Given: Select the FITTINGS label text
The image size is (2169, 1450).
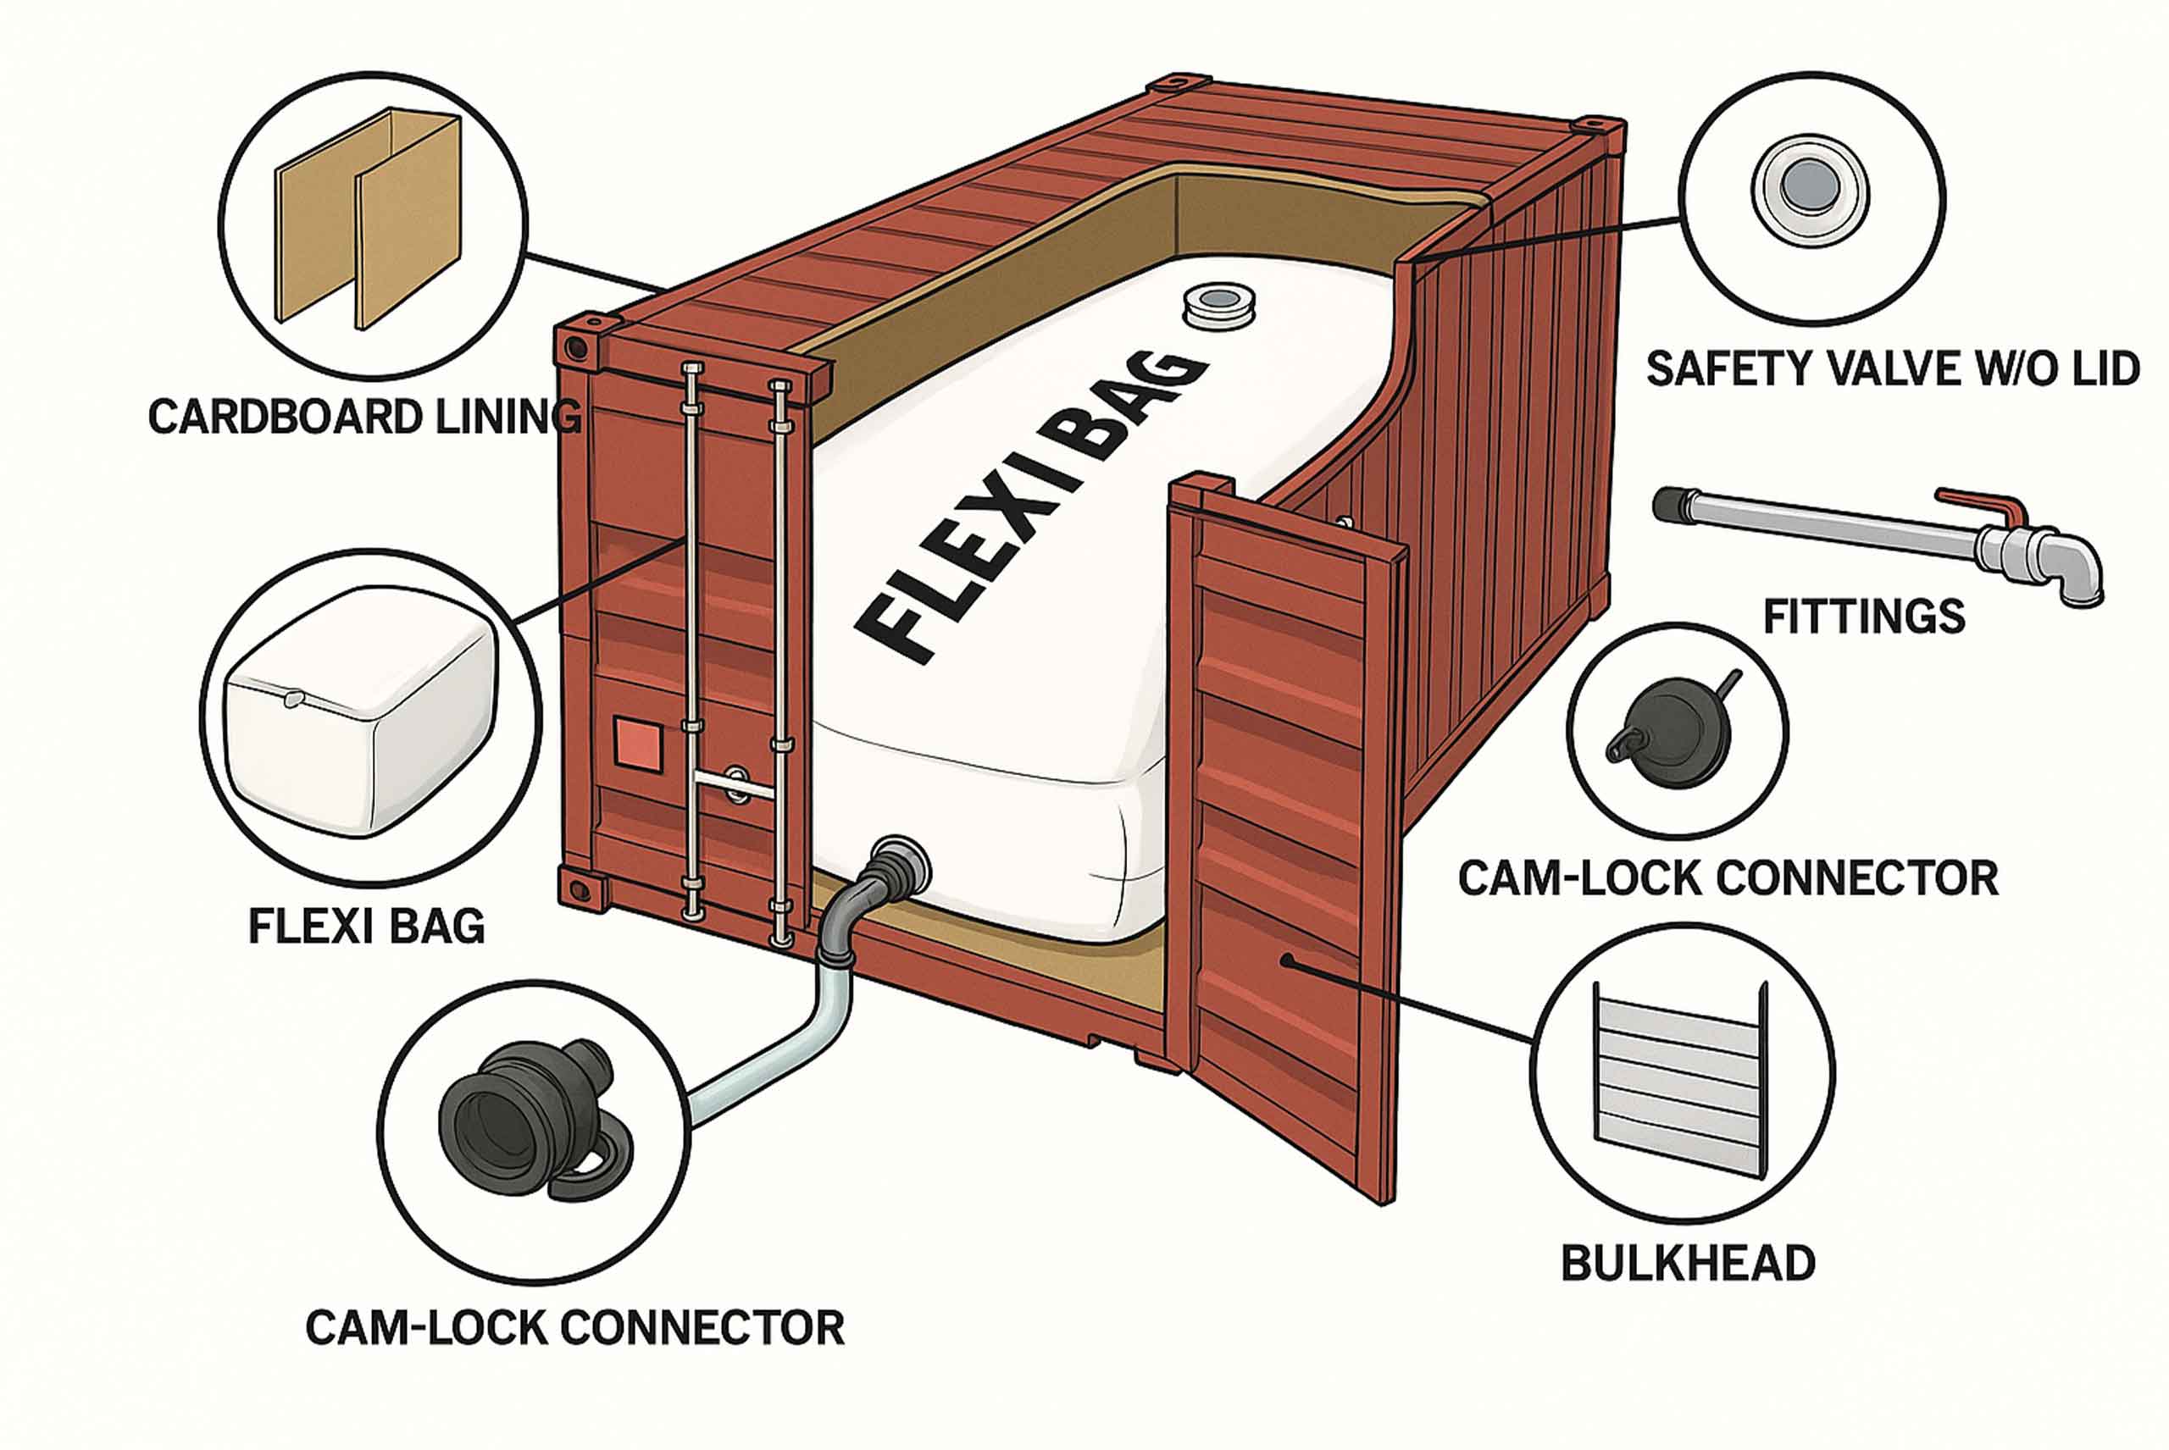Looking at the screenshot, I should coord(1864,617).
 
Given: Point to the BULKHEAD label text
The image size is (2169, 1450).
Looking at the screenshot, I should coord(1688,1263).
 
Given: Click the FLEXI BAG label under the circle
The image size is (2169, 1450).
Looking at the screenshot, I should coord(366,926).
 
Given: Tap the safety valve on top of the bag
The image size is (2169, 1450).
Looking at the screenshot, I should coord(1219,306).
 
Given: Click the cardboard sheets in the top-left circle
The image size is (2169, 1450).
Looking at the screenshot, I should coord(368,222).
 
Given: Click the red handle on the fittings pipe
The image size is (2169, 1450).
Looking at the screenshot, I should coord(1985,505).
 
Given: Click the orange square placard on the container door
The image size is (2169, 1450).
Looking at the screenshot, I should coord(638,745).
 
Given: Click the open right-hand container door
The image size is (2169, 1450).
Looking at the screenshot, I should coord(1285,814).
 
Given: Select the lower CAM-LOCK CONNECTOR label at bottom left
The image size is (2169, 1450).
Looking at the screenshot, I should coord(574,1328).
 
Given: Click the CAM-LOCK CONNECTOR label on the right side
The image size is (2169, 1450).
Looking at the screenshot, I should coord(1728,877).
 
